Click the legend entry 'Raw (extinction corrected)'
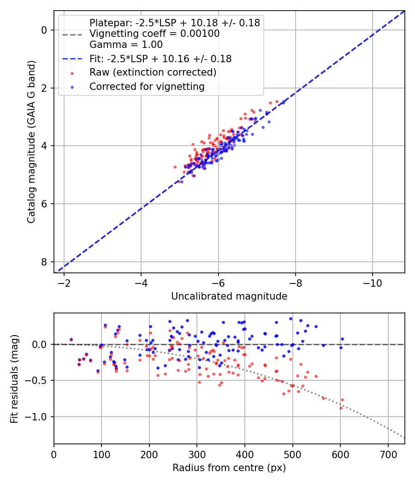point(153,72)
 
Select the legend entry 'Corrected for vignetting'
point(147,86)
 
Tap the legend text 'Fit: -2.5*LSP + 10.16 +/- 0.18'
point(160,59)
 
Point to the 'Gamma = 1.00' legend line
point(126,45)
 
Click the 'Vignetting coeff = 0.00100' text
point(154,34)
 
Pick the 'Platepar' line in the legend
point(174,23)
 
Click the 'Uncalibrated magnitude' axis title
point(229,296)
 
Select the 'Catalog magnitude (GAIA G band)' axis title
point(31,142)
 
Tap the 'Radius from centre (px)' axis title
point(229,468)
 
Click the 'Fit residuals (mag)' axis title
point(14,378)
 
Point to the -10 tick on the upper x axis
point(372,283)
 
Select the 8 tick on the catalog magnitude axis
point(45,262)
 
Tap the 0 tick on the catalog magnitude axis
point(45,30)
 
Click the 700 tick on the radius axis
point(388,454)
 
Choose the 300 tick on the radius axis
point(197,454)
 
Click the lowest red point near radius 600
point(341,408)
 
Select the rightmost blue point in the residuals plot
point(342,339)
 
